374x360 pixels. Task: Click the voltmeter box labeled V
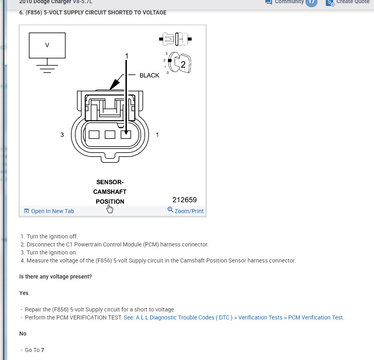click(47, 45)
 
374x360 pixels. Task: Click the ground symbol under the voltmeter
click(47, 67)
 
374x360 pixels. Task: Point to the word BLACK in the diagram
click(149, 75)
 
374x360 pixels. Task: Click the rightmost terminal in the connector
click(126, 134)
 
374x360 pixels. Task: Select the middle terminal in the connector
click(110, 134)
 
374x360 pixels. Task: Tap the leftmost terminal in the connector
click(94, 134)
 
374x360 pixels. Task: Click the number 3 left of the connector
click(62, 135)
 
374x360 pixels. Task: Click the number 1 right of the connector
click(157, 135)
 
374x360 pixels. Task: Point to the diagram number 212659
click(184, 200)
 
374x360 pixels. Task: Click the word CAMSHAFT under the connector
click(109, 192)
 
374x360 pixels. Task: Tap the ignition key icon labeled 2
click(180, 63)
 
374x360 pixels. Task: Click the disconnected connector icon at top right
click(175, 39)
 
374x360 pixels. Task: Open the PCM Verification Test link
click(234, 317)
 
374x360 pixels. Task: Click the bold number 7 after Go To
click(42, 350)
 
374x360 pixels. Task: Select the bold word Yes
click(24, 293)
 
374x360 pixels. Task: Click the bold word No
click(23, 334)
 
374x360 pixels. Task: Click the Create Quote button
click(348, 2)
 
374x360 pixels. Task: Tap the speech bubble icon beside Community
click(269, 2)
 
